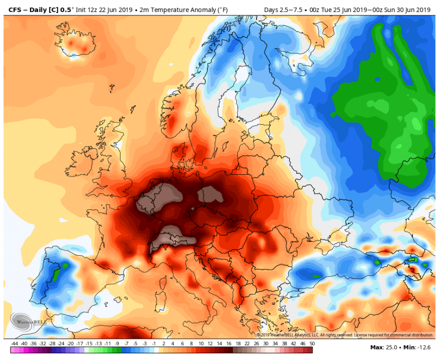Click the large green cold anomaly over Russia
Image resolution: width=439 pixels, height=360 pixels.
coord(379,115)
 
